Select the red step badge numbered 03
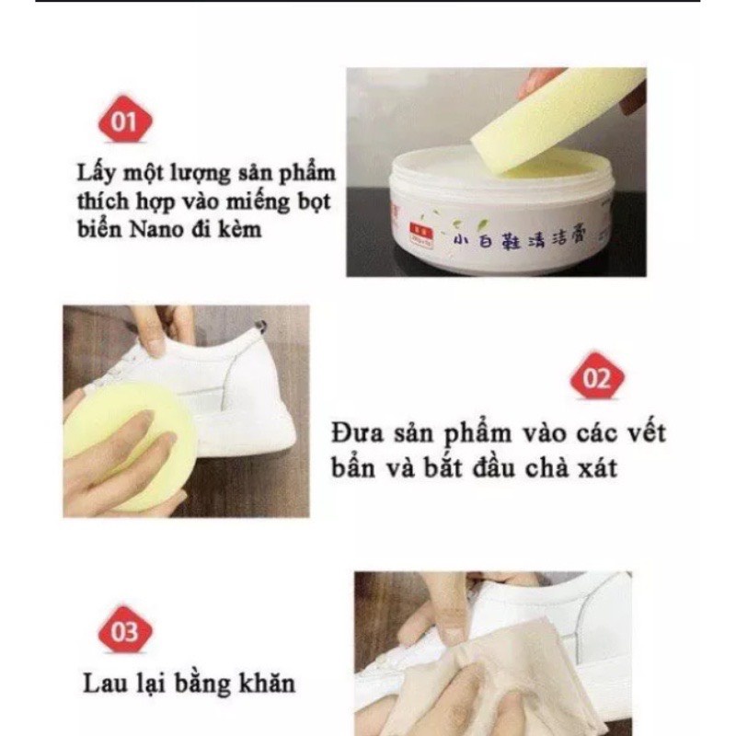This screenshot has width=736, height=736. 123,632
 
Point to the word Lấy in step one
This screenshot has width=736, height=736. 99,174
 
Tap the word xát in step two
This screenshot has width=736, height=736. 592,467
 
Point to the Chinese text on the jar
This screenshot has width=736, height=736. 520,242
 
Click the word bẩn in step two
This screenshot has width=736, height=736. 352,467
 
